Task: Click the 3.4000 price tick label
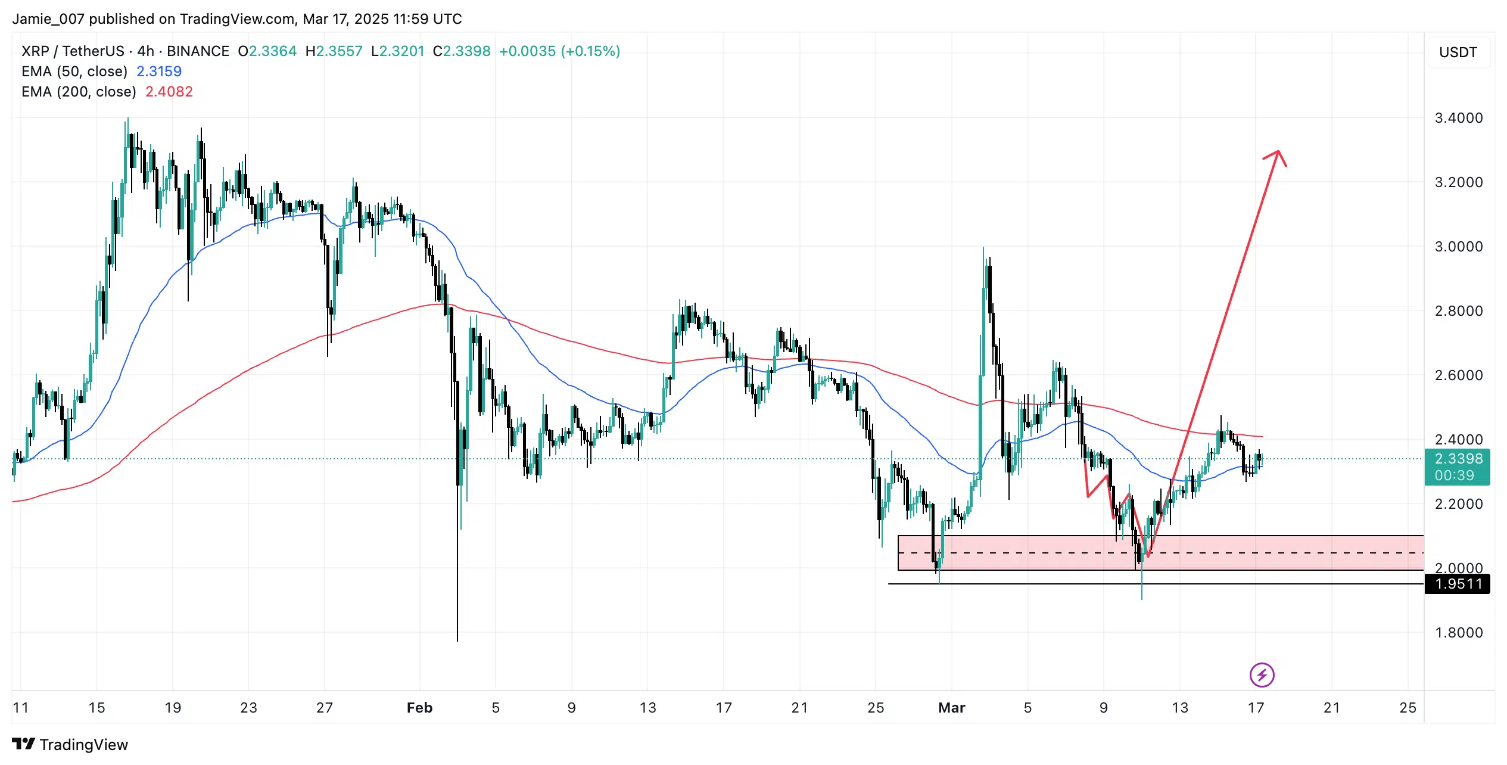[x=1458, y=118]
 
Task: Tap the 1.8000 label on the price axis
[x=1458, y=633]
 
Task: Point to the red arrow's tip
[x=1278, y=151]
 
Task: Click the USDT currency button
[x=1458, y=52]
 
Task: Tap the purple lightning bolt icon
[x=1262, y=675]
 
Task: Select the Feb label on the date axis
[x=419, y=708]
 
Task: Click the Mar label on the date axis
[x=951, y=708]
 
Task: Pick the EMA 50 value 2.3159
[x=159, y=71]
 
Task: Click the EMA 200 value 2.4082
[x=169, y=92]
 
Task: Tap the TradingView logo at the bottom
[x=70, y=745]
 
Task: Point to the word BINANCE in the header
[x=198, y=51]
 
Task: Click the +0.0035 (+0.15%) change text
[x=559, y=51]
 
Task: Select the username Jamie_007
[x=48, y=19]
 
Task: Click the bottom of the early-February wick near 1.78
[x=457, y=640]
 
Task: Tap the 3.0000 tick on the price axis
[x=1458, y=247]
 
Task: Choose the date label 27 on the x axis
[x=325, y=708]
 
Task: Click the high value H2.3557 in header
[x=334, y=51]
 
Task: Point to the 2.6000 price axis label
[x=1458, y=375]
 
